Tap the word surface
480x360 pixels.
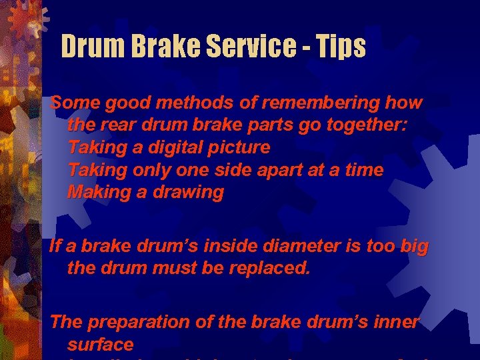coord(101,345)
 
